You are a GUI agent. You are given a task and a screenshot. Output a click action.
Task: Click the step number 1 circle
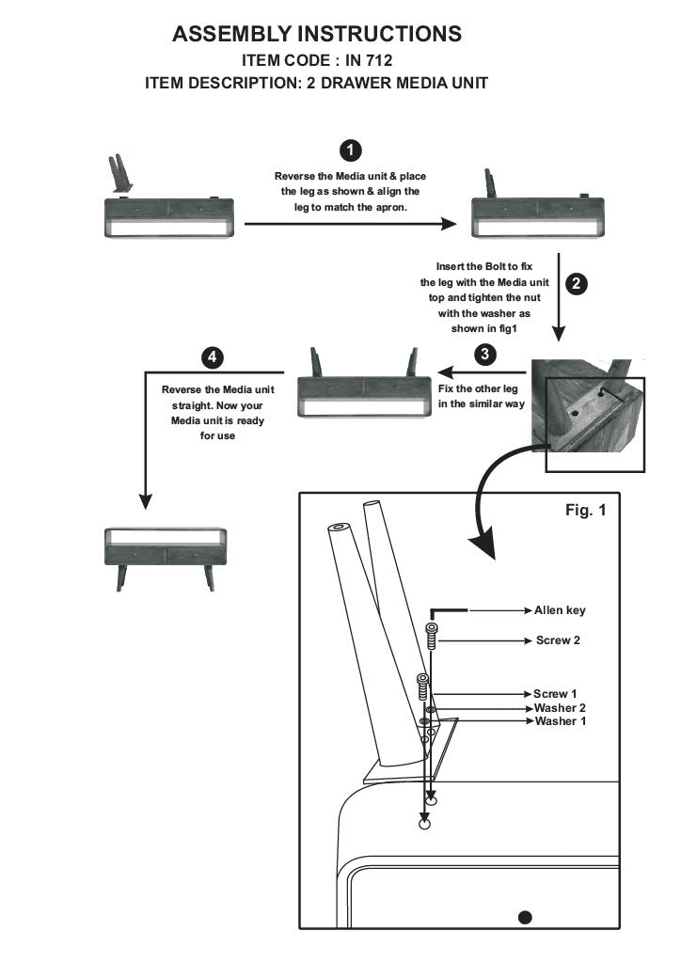click(350, 151)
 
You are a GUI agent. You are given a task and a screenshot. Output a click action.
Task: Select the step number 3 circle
click(483, 355)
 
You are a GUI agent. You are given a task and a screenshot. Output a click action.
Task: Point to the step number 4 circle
click(214, 357)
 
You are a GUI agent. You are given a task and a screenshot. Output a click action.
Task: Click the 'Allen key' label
click(560, 610)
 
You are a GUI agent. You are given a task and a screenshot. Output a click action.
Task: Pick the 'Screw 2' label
click(559, 640)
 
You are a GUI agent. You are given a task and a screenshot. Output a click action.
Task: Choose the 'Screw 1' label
click(555, 693)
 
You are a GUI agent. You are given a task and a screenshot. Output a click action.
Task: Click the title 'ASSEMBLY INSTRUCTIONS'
click(318, 35)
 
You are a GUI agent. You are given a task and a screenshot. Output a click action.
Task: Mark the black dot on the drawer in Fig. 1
click(525, 917)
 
